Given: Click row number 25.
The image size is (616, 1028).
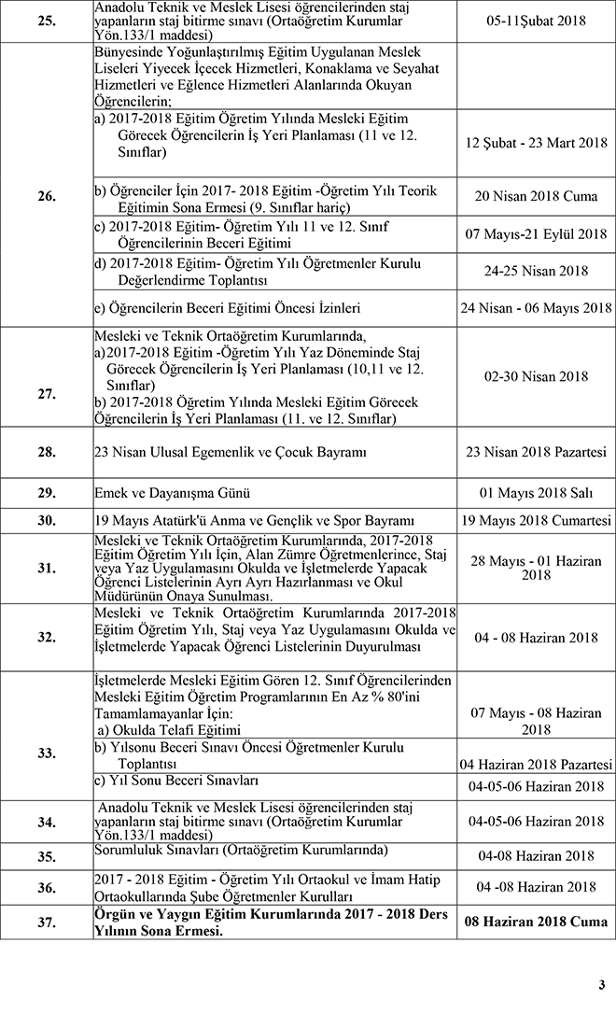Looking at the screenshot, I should pyautogui.click(x=47, y=19).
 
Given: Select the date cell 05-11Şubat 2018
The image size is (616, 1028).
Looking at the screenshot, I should pyautogui.click(x=536, y=19).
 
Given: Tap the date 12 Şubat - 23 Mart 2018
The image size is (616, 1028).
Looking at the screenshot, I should pyautogui.click(x=536, y=143).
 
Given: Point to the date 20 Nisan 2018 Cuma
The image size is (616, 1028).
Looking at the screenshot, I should pyautogui.click(x=536, y=197).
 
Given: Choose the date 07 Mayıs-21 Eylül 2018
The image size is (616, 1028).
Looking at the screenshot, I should pyautogui.click(x=536, y=234).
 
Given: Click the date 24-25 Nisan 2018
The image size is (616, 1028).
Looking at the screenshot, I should pyautogui.click(x=536, y=271).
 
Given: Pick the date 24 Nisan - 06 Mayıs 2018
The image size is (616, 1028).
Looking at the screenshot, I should pyautogui.click(x=536, y=308).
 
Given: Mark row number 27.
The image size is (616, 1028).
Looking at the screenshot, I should pyautogui.click(x=47, y=377).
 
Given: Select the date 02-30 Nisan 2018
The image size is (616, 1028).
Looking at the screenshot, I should pyautogui.click(x=536, y=376).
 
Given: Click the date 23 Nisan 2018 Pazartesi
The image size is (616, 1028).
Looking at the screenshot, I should pyautogui.click(x=536, y=453).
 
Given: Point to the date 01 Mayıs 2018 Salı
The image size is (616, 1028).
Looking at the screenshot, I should pyautogui.click(x=536, y=493).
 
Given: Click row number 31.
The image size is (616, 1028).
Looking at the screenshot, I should pyautogui.click(x=47, y=569).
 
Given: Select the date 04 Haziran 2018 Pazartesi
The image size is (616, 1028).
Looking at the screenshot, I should pyautogui.click(x=536, y=765).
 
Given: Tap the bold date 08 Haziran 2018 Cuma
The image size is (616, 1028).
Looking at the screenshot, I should pyautogui.click(x=536, y=922).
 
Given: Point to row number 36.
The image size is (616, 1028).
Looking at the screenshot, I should pyautogui.click(x=47, y=886).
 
